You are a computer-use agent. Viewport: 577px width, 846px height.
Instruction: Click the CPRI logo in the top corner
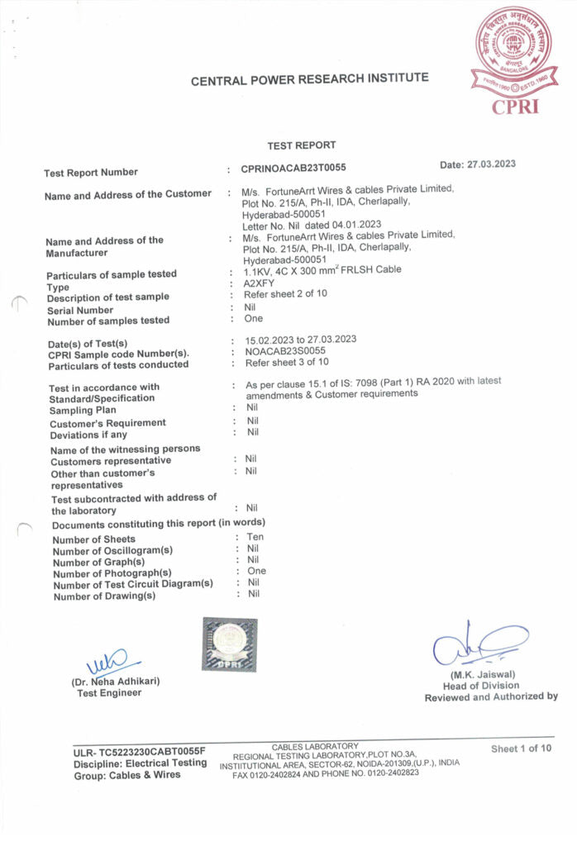(512, 62)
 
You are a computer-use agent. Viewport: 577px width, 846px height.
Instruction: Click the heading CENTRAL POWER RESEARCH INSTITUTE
(309, 79)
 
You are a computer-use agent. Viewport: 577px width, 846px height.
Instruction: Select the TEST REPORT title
(303, 145)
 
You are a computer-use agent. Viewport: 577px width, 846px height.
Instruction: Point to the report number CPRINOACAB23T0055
(293, 169)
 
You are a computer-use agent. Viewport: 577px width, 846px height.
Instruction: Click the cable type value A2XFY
(259, 283)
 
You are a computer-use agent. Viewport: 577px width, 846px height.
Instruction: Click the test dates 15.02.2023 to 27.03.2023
(301, 340)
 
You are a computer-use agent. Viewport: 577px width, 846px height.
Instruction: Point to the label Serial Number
(80, 310)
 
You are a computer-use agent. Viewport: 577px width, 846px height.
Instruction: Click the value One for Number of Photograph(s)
(256, 571)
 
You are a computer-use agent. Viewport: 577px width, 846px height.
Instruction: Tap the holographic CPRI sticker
(229, 644)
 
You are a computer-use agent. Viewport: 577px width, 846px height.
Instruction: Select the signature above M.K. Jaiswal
(479, 645)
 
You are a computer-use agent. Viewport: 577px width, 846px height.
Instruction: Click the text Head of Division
(481, 686)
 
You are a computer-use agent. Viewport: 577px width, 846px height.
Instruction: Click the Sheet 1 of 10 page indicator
(521, 749)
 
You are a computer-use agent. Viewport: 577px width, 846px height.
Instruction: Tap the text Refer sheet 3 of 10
(287, 362)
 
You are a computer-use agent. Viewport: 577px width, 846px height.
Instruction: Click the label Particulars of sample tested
(112, 274)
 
